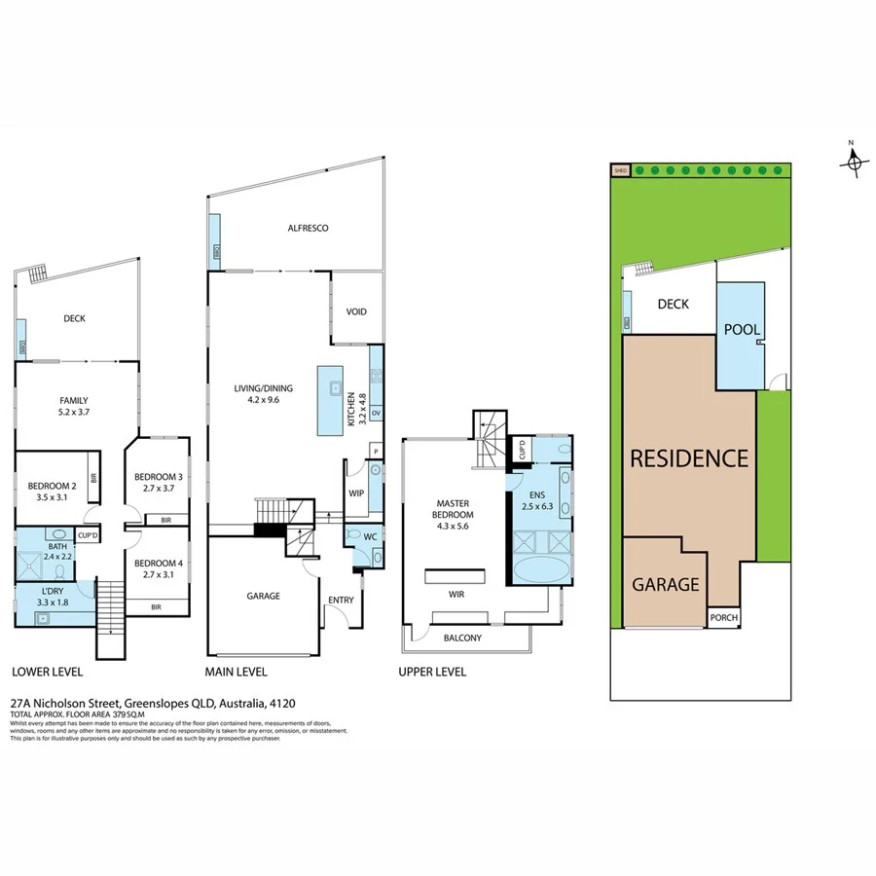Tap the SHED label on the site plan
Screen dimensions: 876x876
[x=618, y=170]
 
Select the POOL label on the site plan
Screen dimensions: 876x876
[x=741, y=330]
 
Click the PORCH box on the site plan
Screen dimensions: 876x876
[x=722, y=616]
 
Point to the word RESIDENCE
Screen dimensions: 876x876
[x=689, y=458]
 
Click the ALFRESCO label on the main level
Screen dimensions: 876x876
[x=307, y=228]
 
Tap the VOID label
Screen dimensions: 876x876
[x=356, y=311]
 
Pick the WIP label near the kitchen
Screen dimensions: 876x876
[x=356, y=493]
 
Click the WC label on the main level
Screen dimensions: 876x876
[x=371, y=536]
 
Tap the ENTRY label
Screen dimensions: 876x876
[x=341, y=600]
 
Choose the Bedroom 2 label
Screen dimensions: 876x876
[x=53, y=486]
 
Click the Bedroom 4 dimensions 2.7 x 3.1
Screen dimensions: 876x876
[x=157, y=575]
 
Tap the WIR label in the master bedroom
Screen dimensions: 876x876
[x=456, y=592]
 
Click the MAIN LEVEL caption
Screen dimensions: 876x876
[x=236, y=673]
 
